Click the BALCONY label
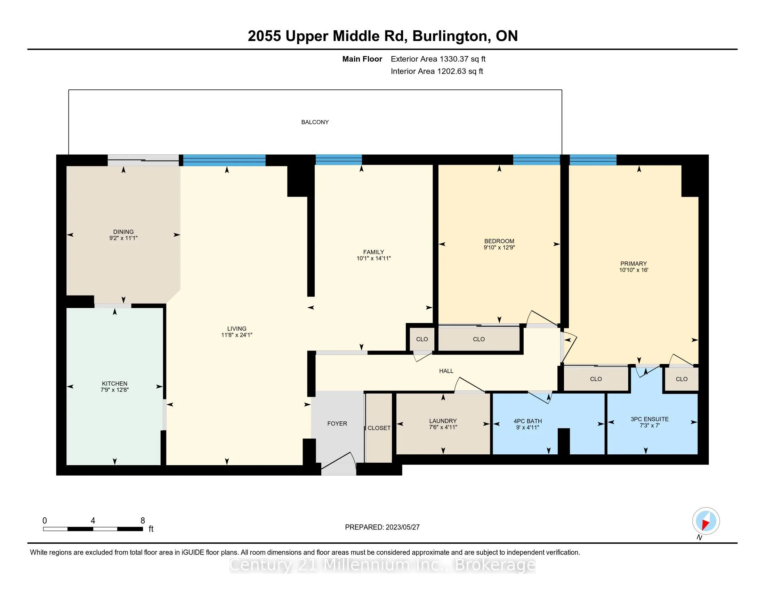pos(315,122)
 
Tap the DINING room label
pos(123,232)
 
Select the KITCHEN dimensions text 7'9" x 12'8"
pos(114,390)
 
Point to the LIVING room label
pos(237,329)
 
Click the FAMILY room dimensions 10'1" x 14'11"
pos(374,258)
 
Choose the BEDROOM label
pos(499,241)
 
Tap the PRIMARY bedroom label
pos(634,264)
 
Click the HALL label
pos(446,371)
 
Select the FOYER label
pos(337,424)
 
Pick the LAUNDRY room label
pos(443,421)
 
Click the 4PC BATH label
pos(528,421)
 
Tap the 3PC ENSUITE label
pos(650,419)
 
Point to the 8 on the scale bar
pos(143,521)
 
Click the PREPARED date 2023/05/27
pos(402,527)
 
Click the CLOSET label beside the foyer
pos(379,428)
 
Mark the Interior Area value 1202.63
pos(452,71)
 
